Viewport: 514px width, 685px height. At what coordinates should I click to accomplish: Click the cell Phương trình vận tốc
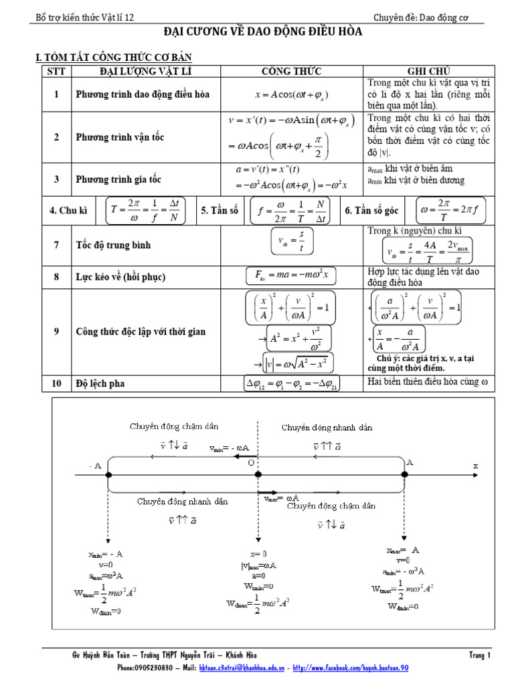click(120, 137)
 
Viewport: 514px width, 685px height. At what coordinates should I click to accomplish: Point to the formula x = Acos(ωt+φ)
click(292, 94)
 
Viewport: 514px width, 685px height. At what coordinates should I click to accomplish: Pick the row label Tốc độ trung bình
click(113, 245)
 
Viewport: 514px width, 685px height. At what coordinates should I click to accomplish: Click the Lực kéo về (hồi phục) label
click(120, 277)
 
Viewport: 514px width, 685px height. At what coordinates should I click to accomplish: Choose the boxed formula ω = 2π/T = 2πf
click(450, 211)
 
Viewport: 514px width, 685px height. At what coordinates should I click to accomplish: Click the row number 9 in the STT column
click(57, 331)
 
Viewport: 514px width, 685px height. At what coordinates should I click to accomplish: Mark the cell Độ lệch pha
click(100, 383)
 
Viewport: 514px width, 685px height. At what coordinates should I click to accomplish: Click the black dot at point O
click(258, 474)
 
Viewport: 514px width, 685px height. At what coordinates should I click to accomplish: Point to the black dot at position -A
click(108, 474)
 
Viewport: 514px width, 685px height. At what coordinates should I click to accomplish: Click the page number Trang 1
click(480, 656)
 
